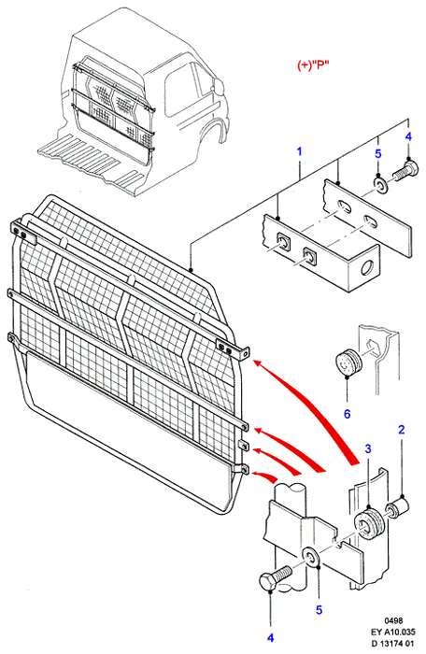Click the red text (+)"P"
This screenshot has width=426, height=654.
coord(313,65)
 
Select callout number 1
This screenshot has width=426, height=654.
coord(299,151)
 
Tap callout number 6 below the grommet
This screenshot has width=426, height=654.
coord(348,414)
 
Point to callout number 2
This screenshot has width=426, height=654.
coord(402,430)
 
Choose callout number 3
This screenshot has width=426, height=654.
coord(368,448)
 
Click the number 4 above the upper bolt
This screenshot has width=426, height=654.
coord(408,136)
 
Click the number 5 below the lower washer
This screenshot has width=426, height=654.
coord(319,610)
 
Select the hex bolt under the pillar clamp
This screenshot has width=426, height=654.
coord(275,576)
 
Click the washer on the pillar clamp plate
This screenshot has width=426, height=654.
coord(311,557)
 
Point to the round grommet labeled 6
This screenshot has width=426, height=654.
coord(348,364)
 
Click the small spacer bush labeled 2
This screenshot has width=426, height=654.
coord(398,506)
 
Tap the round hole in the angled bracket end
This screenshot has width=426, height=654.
coord(367,267)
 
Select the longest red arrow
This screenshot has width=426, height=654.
coord(307,410)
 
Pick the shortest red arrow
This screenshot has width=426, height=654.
coord(265,476)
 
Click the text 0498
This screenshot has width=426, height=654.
coord(394,621)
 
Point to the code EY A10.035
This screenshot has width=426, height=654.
coord(393,632)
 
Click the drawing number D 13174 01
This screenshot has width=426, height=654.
coord(393,643)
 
